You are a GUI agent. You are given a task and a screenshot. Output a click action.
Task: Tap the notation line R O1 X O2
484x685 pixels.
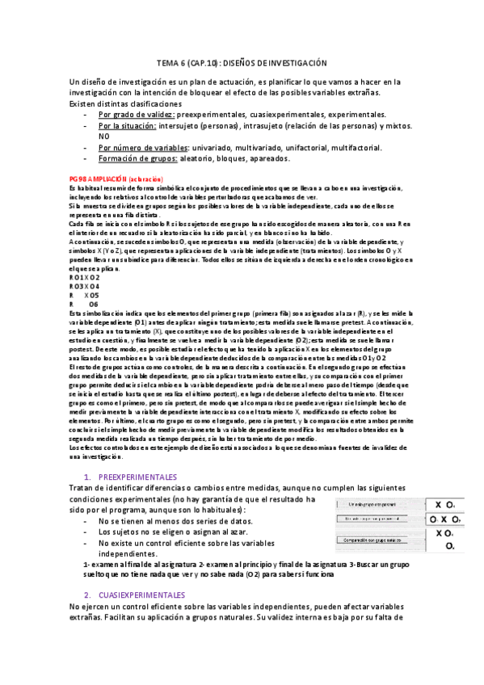coord(85,276)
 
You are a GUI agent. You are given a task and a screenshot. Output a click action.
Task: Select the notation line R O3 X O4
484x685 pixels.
coord(85,286)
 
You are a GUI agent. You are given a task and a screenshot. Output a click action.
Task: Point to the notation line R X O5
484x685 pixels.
coord(84,295)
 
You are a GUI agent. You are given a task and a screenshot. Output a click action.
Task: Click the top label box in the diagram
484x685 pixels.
coord(372,504)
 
